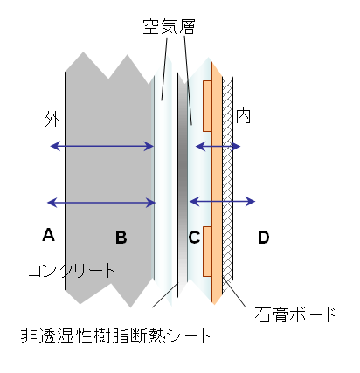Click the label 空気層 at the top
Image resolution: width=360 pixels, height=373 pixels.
point(169,26)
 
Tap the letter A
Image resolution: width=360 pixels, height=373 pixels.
point(48,235)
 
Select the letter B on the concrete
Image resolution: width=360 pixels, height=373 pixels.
point(121,237)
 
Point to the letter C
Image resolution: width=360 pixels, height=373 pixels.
point(194,237)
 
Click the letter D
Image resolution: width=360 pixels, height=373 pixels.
point(263,237)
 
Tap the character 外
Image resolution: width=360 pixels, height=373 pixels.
point(52,119)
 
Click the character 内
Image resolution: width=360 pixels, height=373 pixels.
point(243,115)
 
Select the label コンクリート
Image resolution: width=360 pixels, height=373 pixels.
point(72,270)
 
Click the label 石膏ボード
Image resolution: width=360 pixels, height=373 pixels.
point(294,314)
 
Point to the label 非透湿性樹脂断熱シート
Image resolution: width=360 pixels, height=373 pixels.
point(115,335)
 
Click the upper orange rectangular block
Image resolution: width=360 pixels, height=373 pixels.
point(207,106)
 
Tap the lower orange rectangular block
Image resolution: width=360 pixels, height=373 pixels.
point(207,251)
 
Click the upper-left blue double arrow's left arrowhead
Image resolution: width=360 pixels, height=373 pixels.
point(55,146)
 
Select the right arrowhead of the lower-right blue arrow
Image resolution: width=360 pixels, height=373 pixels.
point(251,201)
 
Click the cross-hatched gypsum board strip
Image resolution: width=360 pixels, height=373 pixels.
point(227,181)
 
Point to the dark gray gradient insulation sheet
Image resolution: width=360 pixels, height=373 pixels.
point(183,181)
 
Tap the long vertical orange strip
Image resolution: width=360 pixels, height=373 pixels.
point(217,183)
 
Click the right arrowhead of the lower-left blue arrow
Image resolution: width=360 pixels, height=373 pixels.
point(151,203)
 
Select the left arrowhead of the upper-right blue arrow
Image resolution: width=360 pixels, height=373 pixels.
point(200,146)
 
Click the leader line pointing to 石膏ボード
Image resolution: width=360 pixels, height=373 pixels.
point(234,293)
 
